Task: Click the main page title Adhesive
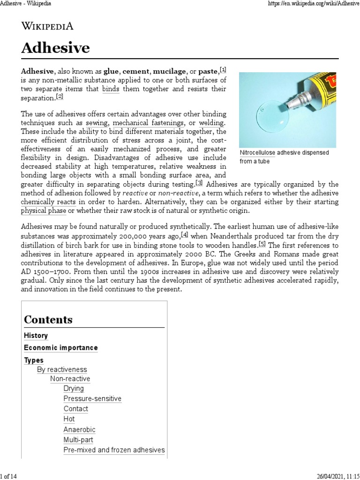tap(56, 48)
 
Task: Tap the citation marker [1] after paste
tap(223, 70)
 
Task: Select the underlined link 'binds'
tap(111, 89)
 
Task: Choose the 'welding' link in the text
tap(212, 123)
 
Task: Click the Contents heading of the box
tap(48, 320)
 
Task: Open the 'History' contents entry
tap(36, 336)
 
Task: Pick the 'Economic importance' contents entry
tap(61, 348)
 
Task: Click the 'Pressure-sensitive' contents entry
tap(92, 398)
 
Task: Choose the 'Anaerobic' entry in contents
tap(79, 429)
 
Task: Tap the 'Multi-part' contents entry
tap(78, 440)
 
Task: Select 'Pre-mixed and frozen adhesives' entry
tap(114, 450)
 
